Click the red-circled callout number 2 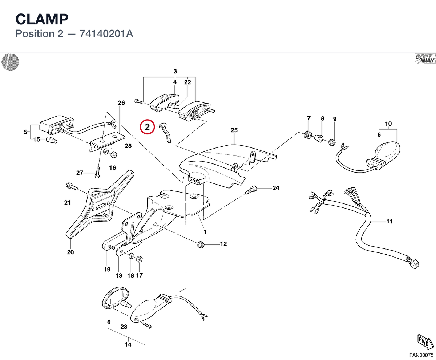point(147,127)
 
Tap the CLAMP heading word point(42,19)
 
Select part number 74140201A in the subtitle point(106,34)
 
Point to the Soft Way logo point(425,59)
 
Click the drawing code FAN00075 point(421,355)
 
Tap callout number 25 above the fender point(234,130)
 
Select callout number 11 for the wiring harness point(389,221)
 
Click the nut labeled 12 point(201,244)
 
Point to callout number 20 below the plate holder point(70,252)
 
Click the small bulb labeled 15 point(51,140)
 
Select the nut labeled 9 point(332,142)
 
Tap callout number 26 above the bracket point(121,103)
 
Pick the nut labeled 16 point(113,155)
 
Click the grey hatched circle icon point(10,62)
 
